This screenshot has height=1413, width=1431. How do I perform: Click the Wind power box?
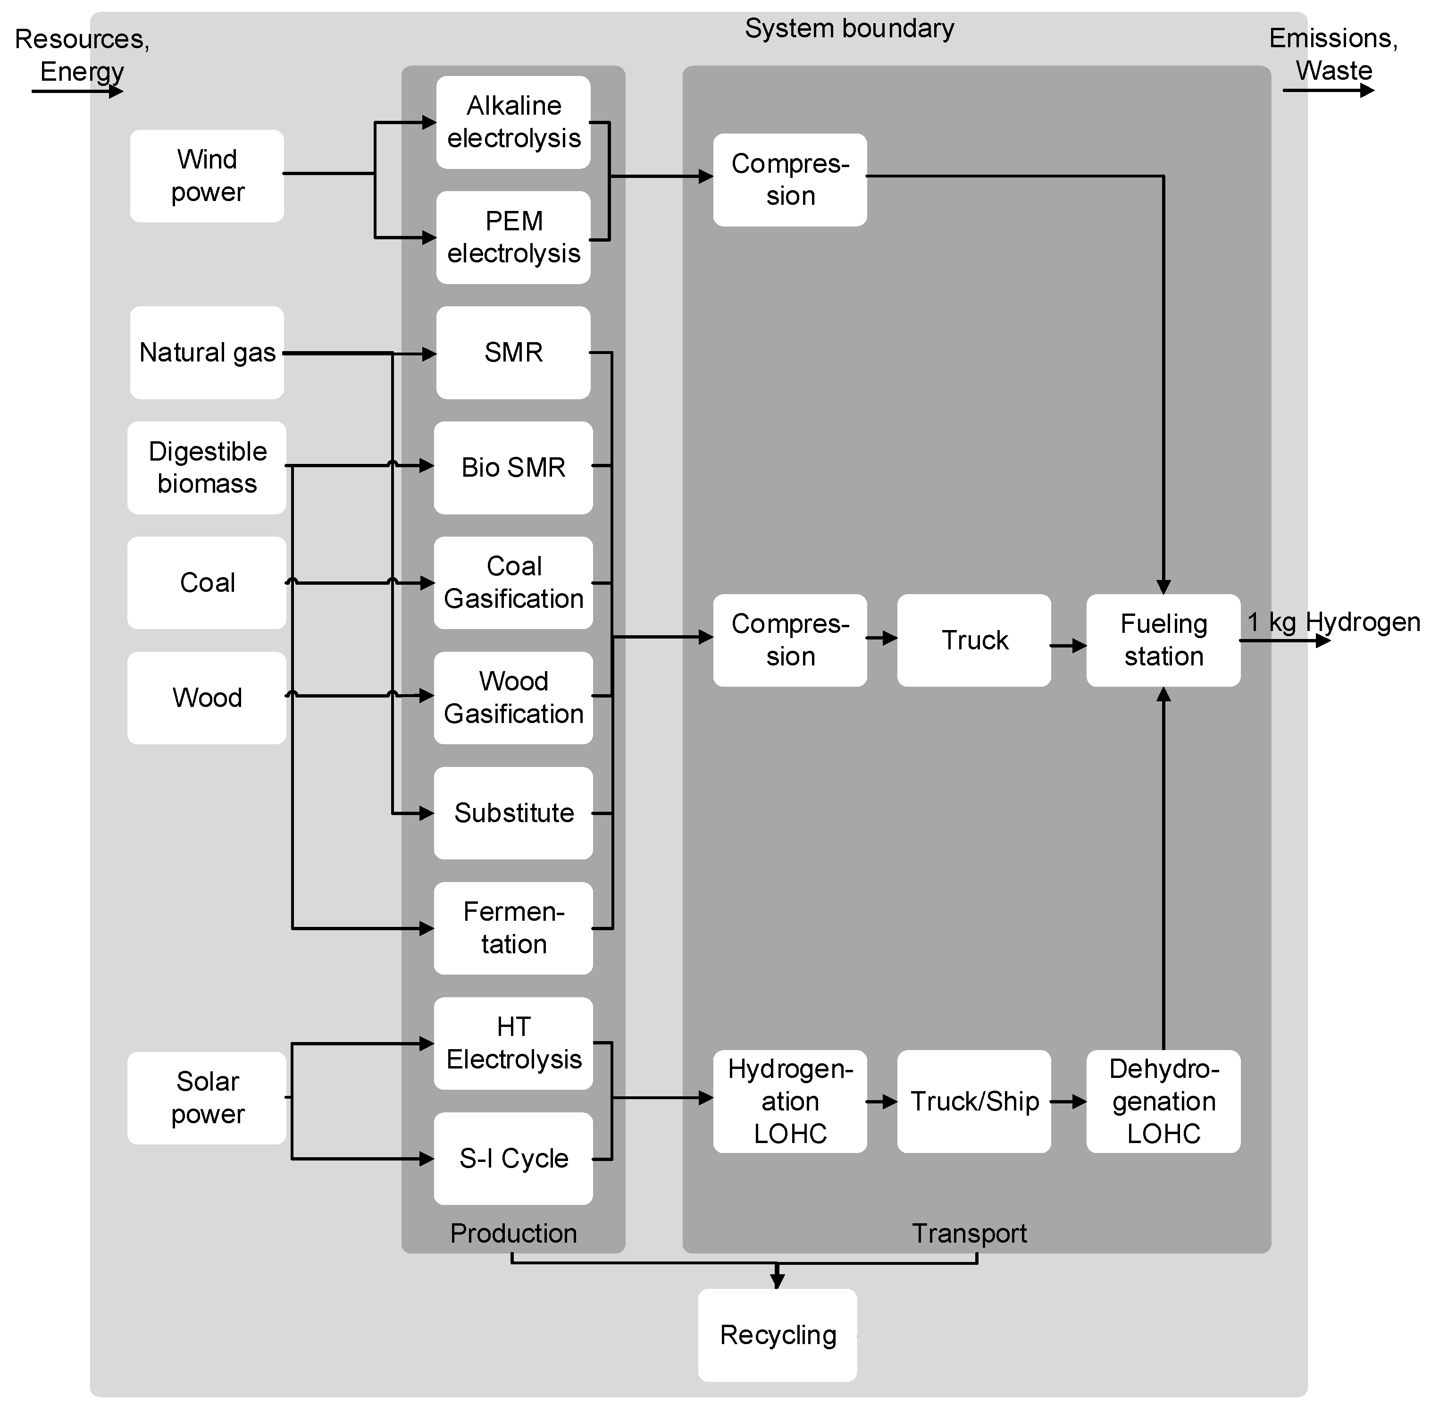pyautogui.click(x=207, y=176)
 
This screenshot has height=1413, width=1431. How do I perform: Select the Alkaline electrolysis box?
pyautogui.click(x=513, y=122)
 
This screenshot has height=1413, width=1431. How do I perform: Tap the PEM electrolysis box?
pyautogui.click(x=513, y=237)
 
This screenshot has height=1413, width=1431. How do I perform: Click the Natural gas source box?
pyautogui.click(x=207, y=353)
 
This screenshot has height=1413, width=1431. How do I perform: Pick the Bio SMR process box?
pyautogui.click(x=513, y=468)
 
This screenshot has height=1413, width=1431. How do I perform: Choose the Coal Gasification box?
pyautogui.click(x=513, y=582)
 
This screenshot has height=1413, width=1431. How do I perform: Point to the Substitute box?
pyautogui.click(x=513, y=813)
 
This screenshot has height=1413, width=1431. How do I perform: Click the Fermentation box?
pyautogui.click(x=513, y=928)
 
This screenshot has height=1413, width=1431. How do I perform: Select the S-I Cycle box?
pyautogui.click(x=513, y=1158)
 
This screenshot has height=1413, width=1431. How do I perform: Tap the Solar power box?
pyautogui.click(x=207, y=1097)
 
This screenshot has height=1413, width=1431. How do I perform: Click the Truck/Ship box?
pyautogui.click(x=974, y=1101)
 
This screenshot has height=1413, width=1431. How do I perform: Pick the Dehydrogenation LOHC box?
pyautogui.click(x=1163, y=1101)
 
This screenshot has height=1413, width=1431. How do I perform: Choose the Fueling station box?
pyautogui.click(x=1163, y=640)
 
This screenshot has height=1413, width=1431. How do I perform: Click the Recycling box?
pyautogui.click(x=777, y=1335)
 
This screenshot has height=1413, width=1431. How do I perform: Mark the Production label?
pyautogui.click(x=513, y=1233)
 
